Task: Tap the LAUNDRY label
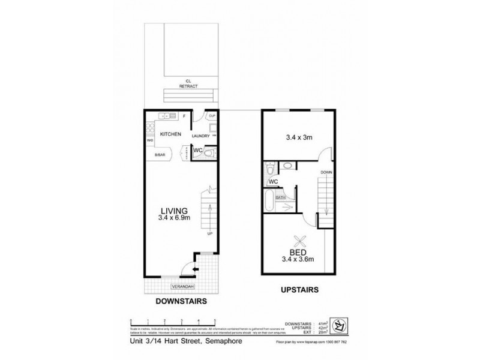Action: click(200, 136)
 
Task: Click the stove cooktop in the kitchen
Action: click(149, 128)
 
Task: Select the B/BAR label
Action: click(160, 155)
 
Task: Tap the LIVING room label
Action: click(174, 211)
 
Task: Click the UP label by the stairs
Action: click(209, 233)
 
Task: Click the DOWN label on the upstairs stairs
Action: click(326, 172)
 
